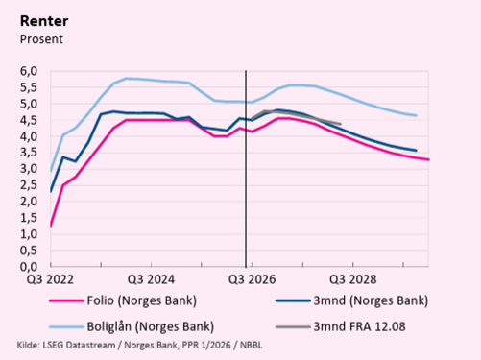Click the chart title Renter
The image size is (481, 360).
[x=44, y=21]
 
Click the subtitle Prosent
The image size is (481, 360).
[x=41, y=39]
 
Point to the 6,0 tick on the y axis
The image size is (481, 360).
[x=29, y=71]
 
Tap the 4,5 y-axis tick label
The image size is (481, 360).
[x=29, y=120]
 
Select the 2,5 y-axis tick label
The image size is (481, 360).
[x=29, y=185]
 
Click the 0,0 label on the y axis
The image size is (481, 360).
[x=29, y=267]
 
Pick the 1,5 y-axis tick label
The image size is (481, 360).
[x=29, y=218]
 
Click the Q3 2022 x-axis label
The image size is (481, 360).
[x=50, y=279]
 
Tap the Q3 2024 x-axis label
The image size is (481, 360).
[x=151, y=279]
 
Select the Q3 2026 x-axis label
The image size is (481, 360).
[x=252, y=279]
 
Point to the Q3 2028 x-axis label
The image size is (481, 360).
[x=353, y=279]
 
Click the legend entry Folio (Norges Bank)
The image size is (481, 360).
[x=142, y=300]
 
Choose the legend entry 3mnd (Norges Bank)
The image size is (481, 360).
[x=371, y=300]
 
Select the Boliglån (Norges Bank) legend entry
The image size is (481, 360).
[x=151, y=326]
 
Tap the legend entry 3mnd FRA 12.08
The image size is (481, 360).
[x=359, y=326]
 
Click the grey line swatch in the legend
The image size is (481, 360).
[x=293, y=327]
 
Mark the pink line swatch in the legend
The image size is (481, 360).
[x=66, y=301]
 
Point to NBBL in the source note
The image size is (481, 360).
[x=252, y=346]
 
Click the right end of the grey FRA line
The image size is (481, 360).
[x=340, y=124]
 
